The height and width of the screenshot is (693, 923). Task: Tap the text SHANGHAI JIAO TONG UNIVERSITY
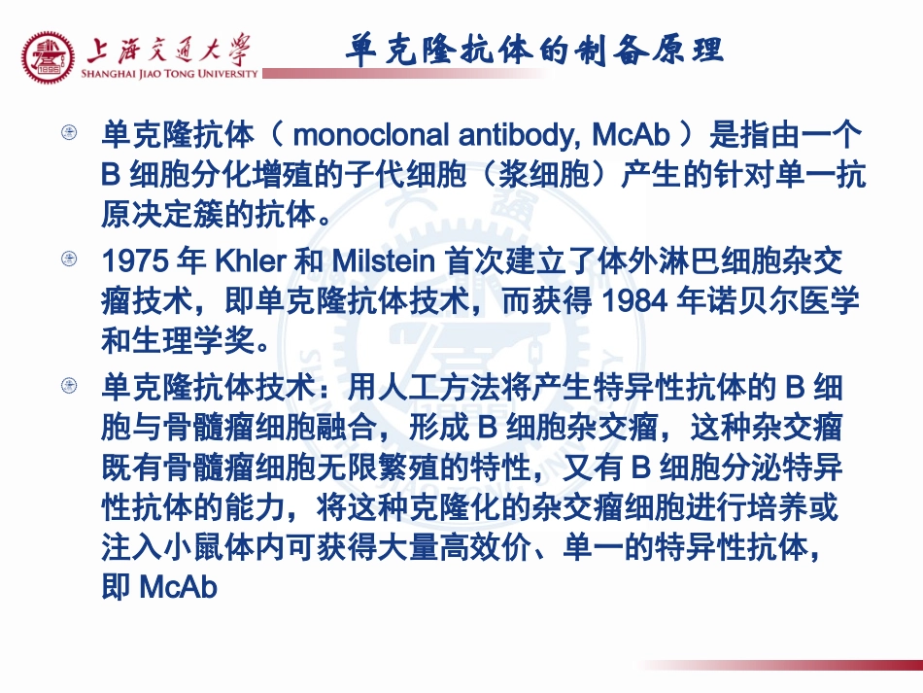(x=171, y=73)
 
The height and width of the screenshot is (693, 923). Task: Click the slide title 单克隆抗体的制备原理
(x=534, y=49)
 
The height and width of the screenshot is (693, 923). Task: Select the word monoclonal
(x=373, y=136)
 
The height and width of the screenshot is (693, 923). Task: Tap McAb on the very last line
(x=179, y=588)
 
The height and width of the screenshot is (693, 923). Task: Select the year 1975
(x=133, y=262)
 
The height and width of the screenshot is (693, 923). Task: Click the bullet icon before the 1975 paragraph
(x=69, y=259)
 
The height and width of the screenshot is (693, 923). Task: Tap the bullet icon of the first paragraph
(x=69, y=132)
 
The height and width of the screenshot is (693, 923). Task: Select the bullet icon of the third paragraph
(x=69, y=386)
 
